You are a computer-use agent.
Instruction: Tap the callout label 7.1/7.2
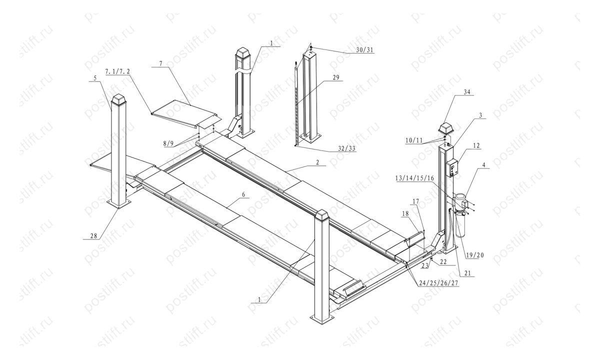[118, 72]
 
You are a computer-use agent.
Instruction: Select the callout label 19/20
[474, 254]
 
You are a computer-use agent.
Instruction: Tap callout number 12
[476, 145]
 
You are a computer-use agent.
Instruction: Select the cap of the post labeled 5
[118, 101]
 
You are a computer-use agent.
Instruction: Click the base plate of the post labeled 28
[118, 203]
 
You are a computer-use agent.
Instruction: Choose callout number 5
[94, 78]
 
